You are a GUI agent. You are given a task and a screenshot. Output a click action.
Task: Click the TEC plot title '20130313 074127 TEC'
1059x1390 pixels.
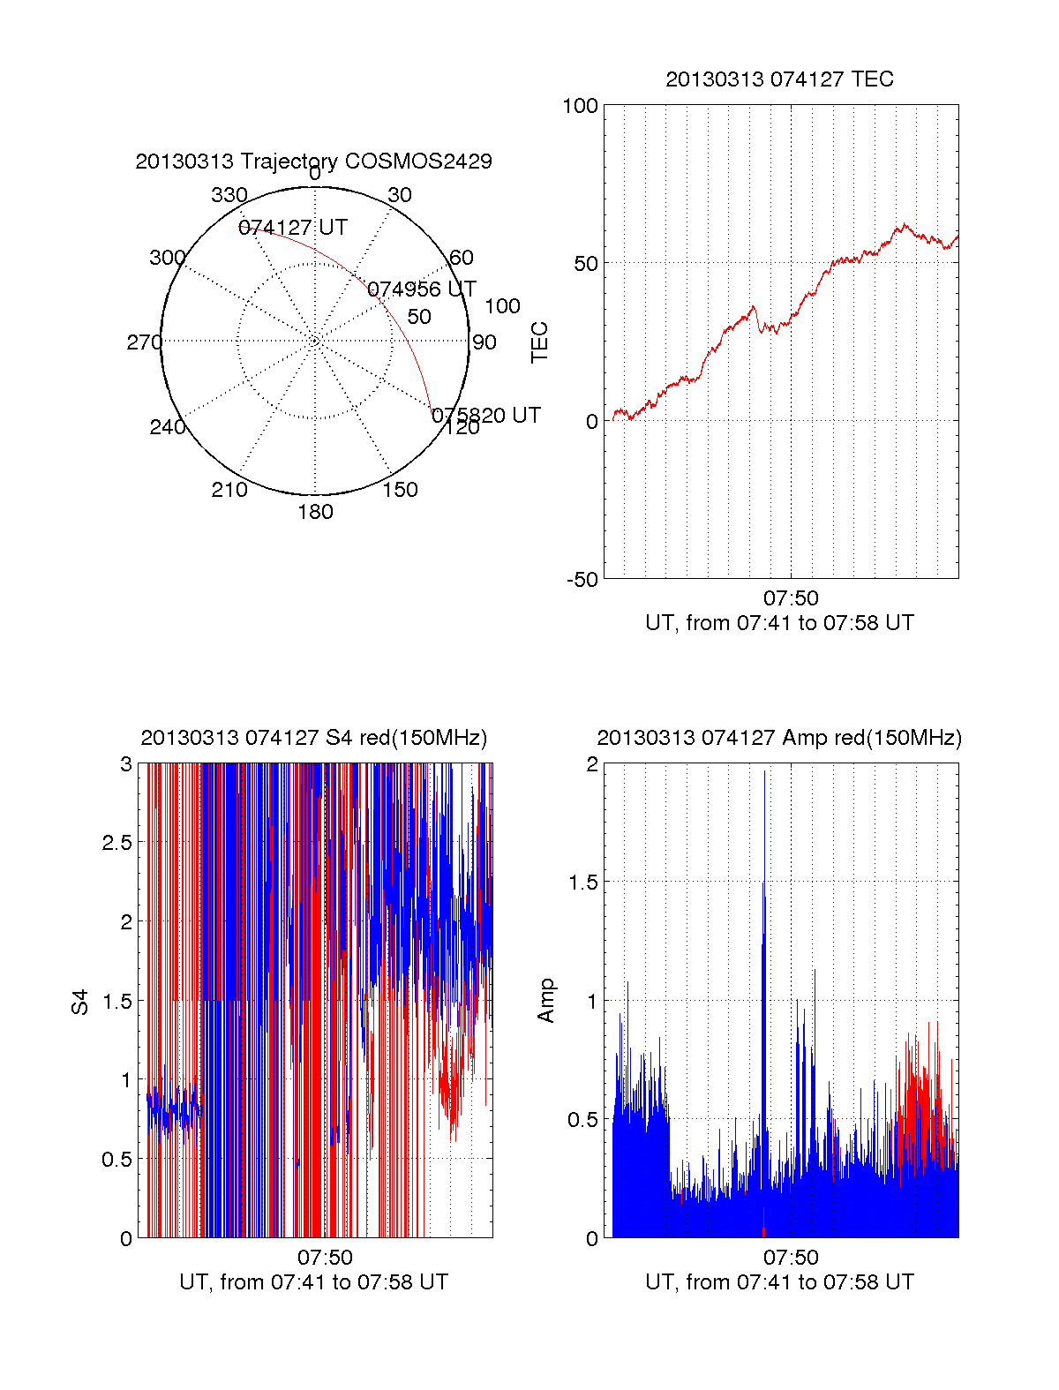point(779,79)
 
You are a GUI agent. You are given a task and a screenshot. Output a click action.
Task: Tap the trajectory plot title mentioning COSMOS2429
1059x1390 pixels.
point(313,162)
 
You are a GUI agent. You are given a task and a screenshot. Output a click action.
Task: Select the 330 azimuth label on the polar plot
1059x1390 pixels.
point(229,195)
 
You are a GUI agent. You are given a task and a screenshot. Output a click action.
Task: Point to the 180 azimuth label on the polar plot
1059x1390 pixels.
point(315,512)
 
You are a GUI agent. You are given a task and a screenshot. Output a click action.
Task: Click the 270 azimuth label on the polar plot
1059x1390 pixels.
point(144,342)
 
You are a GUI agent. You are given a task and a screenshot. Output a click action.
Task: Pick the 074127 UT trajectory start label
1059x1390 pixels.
point(293,228)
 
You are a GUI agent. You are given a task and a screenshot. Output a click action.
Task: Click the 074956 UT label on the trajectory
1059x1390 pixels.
point(421,289)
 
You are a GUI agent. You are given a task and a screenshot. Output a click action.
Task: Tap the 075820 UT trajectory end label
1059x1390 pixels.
point(485,416)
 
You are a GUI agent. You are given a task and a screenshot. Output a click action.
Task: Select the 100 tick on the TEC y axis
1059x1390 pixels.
point(580,106)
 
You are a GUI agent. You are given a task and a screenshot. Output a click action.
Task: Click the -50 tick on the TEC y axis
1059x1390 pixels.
point(582,580)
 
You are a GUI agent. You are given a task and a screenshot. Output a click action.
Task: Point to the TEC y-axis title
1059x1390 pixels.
point(540,342)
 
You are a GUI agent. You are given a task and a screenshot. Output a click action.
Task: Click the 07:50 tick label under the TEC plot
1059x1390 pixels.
point(791,598)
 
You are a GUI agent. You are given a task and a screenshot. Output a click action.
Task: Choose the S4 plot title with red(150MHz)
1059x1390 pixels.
point(313,738)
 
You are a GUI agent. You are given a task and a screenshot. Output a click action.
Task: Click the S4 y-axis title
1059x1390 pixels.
point(80,1002)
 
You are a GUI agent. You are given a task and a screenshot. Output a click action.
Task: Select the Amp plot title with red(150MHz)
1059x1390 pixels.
point(779,738)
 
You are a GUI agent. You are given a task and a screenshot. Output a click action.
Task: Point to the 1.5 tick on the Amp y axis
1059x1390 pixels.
point(583,883)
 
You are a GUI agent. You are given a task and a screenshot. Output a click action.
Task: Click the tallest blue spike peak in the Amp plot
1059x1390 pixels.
point(764,772)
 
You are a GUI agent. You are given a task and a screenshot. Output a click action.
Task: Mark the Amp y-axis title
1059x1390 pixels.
point(546,1001)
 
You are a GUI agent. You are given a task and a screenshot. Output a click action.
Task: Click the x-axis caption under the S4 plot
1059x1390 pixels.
point(313,1282)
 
